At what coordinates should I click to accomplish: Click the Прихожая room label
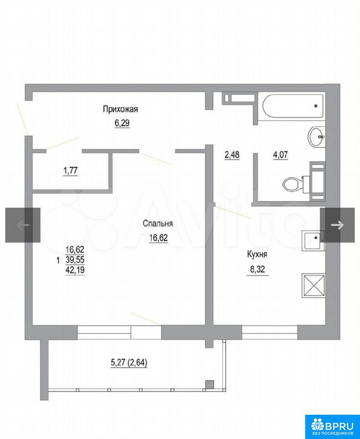pos(120,109)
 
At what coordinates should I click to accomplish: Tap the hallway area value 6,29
pos(122,123)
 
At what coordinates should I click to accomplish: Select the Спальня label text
pos(158,224)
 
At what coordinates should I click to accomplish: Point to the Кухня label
pos(257,255)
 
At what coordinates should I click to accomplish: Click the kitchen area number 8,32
pos(257,270)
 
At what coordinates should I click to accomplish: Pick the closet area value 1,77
pos(70,170)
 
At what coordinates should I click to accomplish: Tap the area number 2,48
pos(232,155)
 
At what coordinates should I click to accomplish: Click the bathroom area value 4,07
pos(281,155)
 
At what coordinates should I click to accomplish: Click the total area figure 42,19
pos(75,270)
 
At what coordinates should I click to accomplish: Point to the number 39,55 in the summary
pos(75,260)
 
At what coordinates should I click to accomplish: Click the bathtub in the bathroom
pos(293,106)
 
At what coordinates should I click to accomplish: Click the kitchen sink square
pos(313,240)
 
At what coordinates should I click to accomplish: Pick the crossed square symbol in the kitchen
pos(313,285)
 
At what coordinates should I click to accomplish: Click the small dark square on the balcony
pos(210,385)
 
